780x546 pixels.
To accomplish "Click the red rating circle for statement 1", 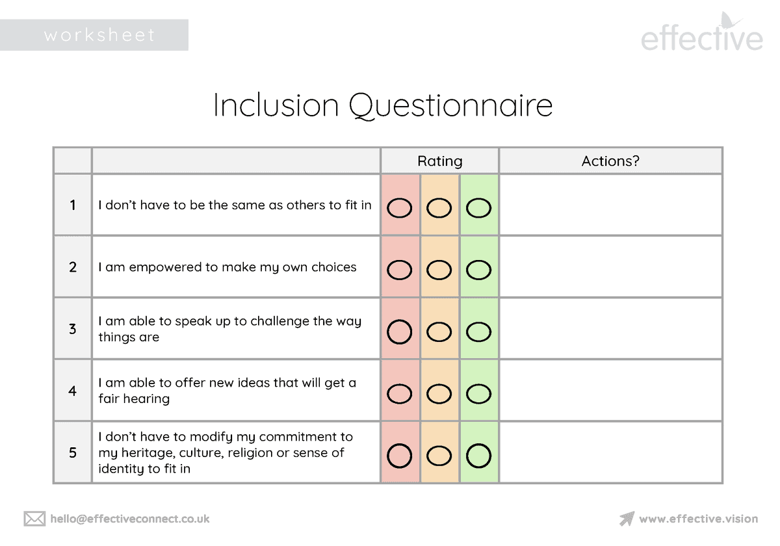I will point(400,208).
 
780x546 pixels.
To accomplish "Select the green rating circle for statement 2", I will point(479,270).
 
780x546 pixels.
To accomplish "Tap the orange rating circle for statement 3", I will point(439,331).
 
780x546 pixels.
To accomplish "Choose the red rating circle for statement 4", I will point(400,393).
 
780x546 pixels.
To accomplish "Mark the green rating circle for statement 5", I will point(479,455).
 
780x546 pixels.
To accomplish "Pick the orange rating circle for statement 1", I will point(439,208).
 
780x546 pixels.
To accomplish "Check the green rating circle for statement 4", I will point(479,393).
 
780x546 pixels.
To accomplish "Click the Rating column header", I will point(440,161).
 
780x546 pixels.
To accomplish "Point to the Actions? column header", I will point(610,161).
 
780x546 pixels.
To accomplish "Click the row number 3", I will point(73,329).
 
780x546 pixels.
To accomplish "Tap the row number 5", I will point(73,452).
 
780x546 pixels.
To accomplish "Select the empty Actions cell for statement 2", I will point(610,266).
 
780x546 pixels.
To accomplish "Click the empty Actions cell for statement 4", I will point(610,390).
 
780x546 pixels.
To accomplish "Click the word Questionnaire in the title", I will point(450,106).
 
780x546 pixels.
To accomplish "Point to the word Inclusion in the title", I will point(276,106).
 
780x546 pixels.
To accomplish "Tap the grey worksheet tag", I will point(94,35).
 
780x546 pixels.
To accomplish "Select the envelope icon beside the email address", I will point(34,519).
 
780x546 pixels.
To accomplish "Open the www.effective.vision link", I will point(698,519).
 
